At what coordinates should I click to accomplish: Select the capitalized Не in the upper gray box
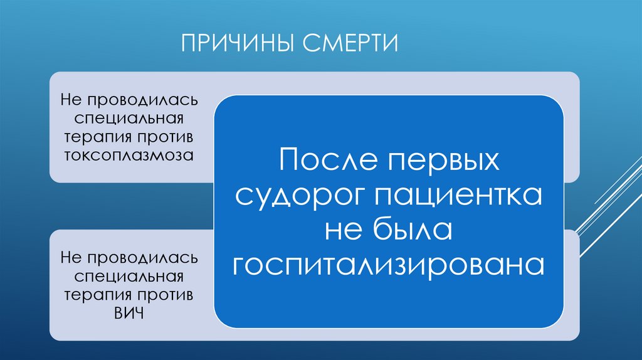[72, 100]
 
